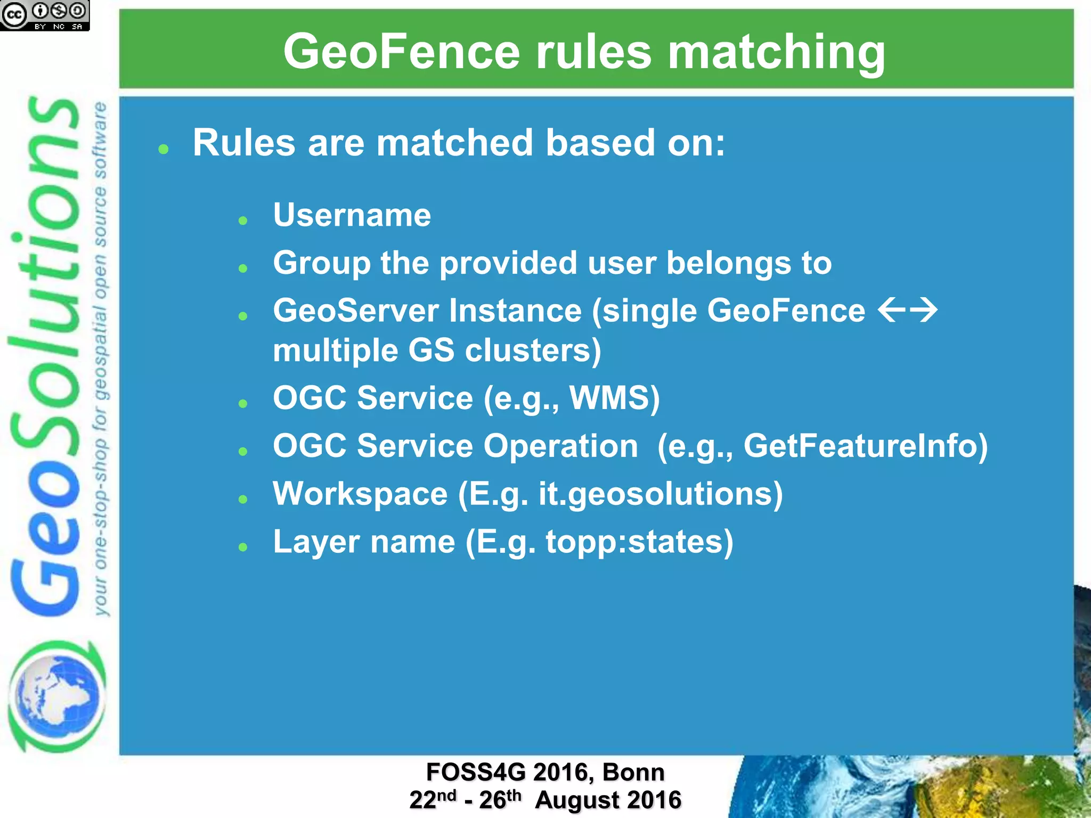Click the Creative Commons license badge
(x=45, y=15)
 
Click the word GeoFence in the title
(x=401, y=52)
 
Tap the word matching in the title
(x=776, y=52)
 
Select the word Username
(x=352, y=215)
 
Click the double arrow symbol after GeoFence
(x=907, y=310)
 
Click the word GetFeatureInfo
(x=865, y=446)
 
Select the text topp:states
(x=639, y=542)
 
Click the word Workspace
(x=360, y=494)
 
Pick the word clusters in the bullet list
(x=533, y=350)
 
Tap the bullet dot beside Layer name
(x=243, y=547)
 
